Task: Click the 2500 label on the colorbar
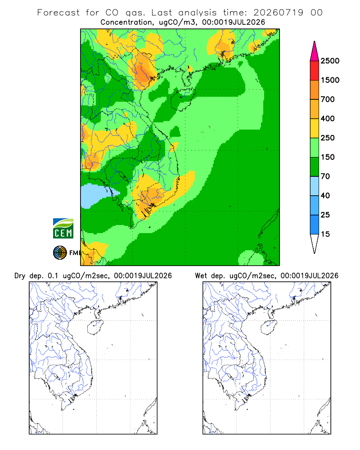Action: tap(330, 61)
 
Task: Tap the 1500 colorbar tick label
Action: tap(330, 80)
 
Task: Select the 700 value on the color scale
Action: tap(328, 99)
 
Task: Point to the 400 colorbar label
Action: tap(328, 118)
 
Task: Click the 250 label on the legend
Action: tap(328, 138)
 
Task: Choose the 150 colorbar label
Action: tap(328, 157)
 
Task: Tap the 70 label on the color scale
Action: tap(325, 176)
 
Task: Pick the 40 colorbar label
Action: tap(325, 195)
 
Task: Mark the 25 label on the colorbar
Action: tap(325, 215)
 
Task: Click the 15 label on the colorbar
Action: tap(325, 234)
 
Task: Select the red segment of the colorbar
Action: tap(315, 71)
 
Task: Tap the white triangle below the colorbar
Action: tap(315, 243)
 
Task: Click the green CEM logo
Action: tap(63, 229)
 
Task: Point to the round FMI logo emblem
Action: tap(60, 253)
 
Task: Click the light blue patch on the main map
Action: tap(98, 195)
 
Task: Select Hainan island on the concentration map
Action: tap(183, 99)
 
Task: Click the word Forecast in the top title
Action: tap(58, 13)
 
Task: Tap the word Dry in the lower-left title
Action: tap(20, 276)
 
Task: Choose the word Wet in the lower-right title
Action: tap(201, 276)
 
